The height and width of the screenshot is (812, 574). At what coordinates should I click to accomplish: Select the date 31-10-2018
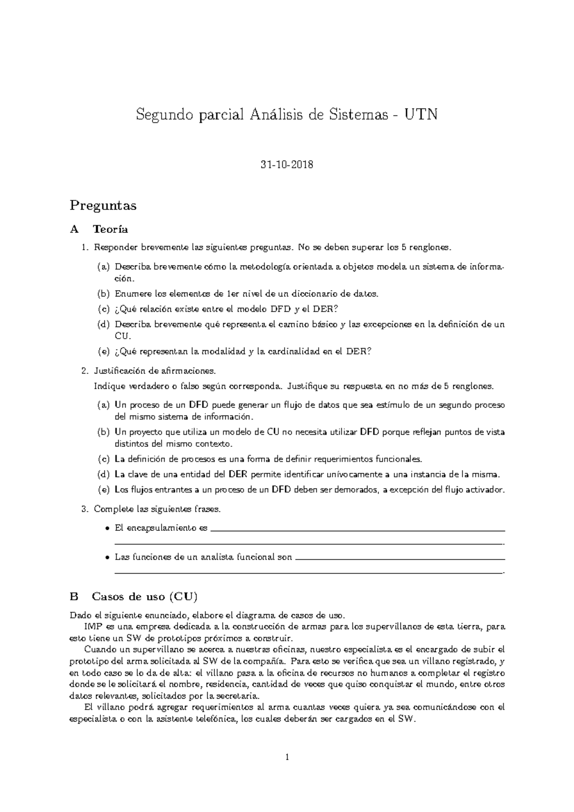pyautogui.click(x=287, y=165)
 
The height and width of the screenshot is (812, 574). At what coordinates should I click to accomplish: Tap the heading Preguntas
pyautogui.click(x=103, y=206)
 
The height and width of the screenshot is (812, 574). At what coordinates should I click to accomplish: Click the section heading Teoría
pyautogui.click(x=110, y=230)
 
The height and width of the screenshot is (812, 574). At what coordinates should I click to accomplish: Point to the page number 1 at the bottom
pyautogui.click(x=287, y=757)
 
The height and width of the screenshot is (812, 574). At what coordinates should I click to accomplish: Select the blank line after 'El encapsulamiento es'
pyautogui.click(x=358, y=530)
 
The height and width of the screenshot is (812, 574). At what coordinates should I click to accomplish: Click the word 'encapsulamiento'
pyautogui.click(x=161, y=528)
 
